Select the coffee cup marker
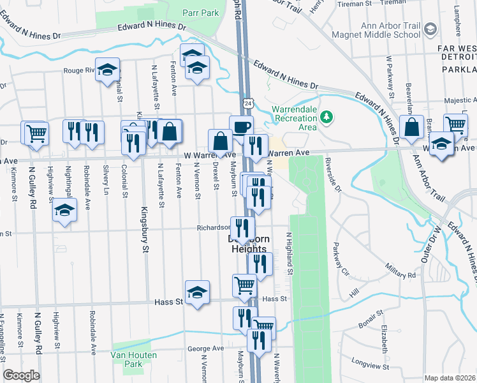[x=241, y=127]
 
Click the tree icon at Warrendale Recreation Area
[x=327, y=116]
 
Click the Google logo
[x=21, y=375]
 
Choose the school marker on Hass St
[x=198, y=292]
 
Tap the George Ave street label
[x=205, y=349]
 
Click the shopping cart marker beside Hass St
[x=244, y=286]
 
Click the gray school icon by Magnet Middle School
[x=431, y=29]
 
